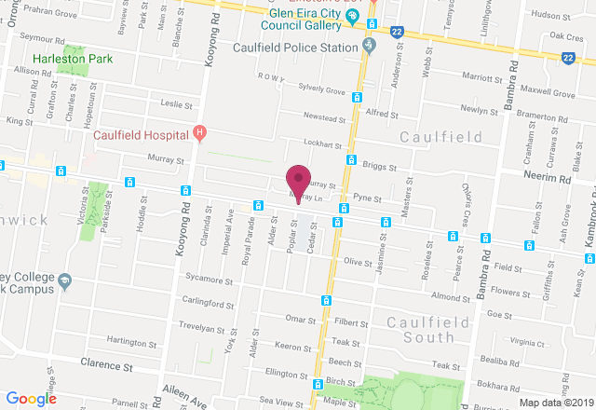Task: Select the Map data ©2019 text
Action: (x=555, y=403)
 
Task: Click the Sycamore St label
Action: (x=210, y=279)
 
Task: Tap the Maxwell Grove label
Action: (x=549, y=93)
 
